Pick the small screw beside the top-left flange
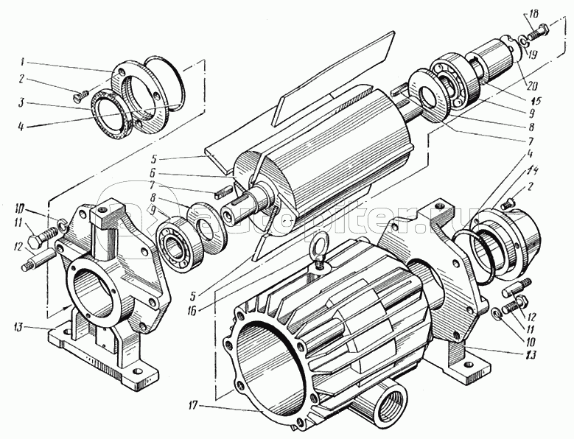tap(81, 94)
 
